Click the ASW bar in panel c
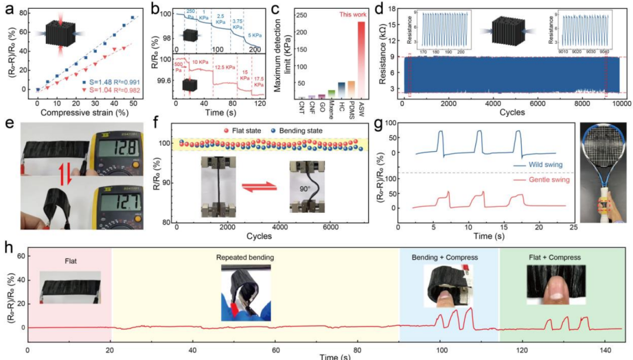[361, 62]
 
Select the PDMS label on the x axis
[350, 107]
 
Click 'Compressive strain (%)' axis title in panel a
[84, 112]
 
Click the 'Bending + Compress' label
[448, 256]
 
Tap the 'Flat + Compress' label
[553, 256]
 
